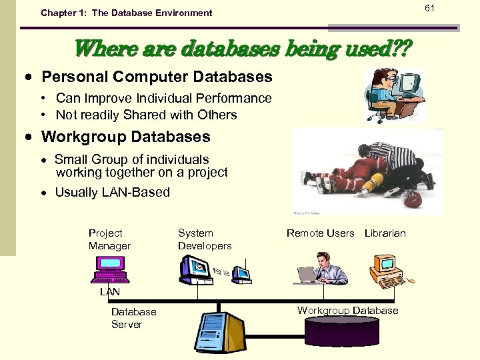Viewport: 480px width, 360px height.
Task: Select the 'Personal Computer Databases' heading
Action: (157, 77)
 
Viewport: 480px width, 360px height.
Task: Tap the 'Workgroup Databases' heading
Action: (125, 137)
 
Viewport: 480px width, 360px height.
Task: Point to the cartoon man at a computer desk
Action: (393, 95)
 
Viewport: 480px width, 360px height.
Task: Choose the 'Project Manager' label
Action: (109, 239)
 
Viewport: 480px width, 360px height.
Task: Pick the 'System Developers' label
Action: (205, 239)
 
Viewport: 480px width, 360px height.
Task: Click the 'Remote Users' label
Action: (320, 233)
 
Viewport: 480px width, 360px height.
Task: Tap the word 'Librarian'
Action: (385, 233)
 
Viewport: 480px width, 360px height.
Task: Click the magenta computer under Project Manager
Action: (112, 269)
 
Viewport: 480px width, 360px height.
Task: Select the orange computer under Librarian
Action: (387, 270)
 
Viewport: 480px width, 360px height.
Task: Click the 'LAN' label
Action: (110, 292)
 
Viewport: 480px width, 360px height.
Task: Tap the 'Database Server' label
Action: (133, 318)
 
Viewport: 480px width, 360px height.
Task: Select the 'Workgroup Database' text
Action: (347, 310)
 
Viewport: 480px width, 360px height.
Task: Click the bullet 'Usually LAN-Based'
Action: (112, 193)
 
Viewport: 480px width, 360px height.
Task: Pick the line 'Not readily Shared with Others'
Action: (146, 115)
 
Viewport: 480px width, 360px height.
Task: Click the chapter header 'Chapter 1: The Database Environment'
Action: (126, 13)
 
